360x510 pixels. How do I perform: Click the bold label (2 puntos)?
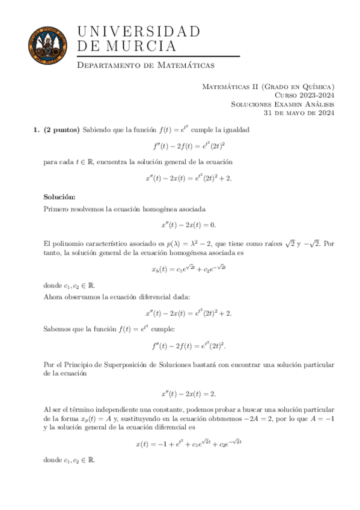[x=62, y=129]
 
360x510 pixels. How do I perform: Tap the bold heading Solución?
[x=60, y=196]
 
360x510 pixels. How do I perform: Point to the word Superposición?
[x=128, y=364]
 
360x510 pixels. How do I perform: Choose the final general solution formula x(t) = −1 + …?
[x=189, y=444]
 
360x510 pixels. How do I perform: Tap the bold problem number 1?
[x=35, y=129]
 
